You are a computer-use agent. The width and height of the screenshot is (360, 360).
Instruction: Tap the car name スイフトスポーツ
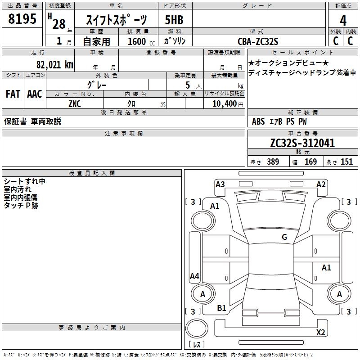[x=117, y=20]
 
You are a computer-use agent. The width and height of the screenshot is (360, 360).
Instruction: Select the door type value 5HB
[x=174, y=20]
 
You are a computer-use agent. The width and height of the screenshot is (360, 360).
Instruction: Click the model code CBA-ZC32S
[x=258, y=41]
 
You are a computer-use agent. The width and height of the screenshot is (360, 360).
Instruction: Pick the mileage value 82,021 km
[x=54, y=64]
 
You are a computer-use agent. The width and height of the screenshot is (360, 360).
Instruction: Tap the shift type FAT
[x=13, y=94]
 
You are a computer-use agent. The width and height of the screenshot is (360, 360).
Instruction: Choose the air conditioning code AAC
[x=34, y=94]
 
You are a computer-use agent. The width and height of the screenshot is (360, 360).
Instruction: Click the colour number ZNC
[x=75, y=103]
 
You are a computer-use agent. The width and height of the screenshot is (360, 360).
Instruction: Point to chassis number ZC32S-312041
[x=302, y=143]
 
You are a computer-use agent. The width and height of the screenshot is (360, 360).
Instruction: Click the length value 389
[x=272, y=162]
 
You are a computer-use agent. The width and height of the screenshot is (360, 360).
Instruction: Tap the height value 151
[x=346, y=162]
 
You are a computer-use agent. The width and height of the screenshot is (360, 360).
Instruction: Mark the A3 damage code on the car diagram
[x=220, y=184]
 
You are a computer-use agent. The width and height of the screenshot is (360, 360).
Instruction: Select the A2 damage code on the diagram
[x=321, y=184]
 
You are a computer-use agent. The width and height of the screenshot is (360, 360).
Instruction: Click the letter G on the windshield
[x=284, y=237]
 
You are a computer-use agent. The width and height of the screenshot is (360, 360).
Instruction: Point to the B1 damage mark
[x=222, y=308]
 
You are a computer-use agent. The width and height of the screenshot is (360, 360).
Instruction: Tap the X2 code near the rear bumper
[x=320, y=333]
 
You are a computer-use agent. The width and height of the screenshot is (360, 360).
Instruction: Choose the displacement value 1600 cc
[x=140, y=41]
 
